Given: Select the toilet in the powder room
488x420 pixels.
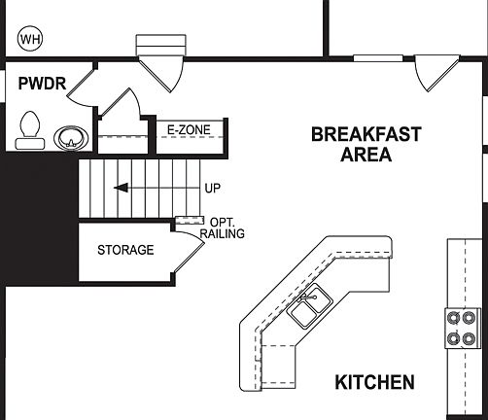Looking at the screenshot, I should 30,129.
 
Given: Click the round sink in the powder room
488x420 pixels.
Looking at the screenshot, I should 69,137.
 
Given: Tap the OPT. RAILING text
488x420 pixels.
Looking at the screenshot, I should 221,227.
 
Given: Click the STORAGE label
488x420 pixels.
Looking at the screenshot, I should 124,250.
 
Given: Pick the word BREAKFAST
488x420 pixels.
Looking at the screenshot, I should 366,135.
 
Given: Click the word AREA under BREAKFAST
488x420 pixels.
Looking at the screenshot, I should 366,155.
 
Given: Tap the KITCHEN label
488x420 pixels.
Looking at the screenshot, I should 374,382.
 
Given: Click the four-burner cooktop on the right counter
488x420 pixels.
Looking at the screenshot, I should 460,328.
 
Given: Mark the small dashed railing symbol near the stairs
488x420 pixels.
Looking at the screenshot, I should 187,221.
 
